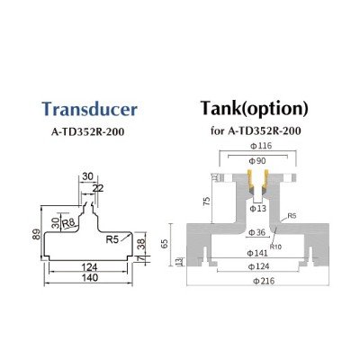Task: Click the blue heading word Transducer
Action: point(89,109)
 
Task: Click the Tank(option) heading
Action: point(255,108)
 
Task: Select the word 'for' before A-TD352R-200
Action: point(217,131)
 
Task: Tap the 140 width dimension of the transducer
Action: point(90,278)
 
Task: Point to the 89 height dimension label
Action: point(36,234)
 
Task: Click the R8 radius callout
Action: point(68,223)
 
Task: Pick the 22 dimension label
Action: point(98,188)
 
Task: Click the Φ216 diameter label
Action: point(264,281)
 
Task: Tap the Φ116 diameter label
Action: point(261,146)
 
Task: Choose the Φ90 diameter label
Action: point(257,161)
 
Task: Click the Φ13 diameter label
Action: point(257,208)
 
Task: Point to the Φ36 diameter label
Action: point(257,232)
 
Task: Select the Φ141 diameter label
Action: point(257,254)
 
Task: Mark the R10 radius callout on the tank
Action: point(275,247)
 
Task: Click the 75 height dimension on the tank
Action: point(206,202)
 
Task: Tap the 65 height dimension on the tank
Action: point(165,244)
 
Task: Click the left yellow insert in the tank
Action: point(250,182)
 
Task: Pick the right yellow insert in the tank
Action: point(265,182)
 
